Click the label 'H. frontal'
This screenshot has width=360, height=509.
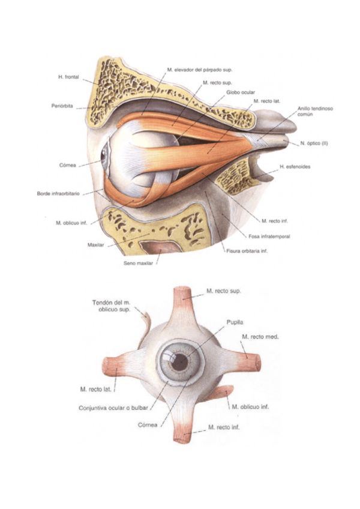[69, 77]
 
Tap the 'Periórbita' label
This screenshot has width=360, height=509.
[63, 106]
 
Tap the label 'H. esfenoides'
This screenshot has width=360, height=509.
[295, 166]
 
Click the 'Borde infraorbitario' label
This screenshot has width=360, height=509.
[58, 194]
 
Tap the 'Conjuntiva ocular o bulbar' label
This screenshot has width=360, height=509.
[114, 408]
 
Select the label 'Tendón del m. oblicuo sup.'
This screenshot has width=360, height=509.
[112, 306]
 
